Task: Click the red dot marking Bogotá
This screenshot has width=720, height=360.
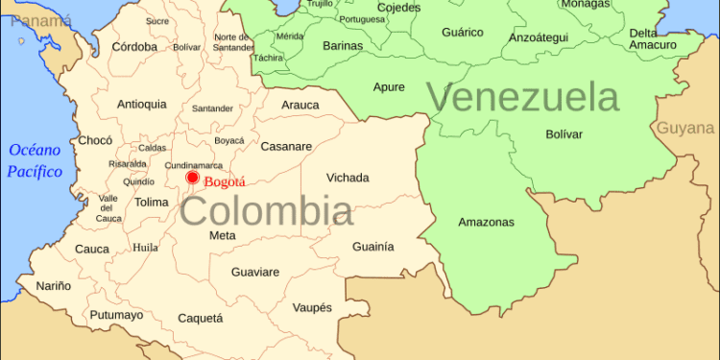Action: click(192, 178)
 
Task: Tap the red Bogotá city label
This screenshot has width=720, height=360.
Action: click(225, 181)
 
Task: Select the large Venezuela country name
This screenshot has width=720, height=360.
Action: click(522, 98)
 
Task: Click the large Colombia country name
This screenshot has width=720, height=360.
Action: click(266, 211)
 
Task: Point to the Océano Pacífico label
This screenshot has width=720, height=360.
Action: click(36, 160)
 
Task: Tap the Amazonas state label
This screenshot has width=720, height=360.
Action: click(486, 222)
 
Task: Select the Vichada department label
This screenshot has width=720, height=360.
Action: click(348, 178)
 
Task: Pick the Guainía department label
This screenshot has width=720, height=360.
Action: click(372, 247)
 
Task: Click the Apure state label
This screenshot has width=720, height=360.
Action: click(389, 87)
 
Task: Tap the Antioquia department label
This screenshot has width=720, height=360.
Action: click(141, 104)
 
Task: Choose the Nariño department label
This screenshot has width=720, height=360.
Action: click(54, 285)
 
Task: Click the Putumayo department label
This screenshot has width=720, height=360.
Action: click(116, 315)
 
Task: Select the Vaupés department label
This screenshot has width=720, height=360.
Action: click(313, 307)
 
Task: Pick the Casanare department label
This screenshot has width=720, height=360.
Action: click(286, 146)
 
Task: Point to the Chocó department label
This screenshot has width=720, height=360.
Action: click(95, 140)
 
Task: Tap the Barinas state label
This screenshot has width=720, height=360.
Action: click(343, 45)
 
